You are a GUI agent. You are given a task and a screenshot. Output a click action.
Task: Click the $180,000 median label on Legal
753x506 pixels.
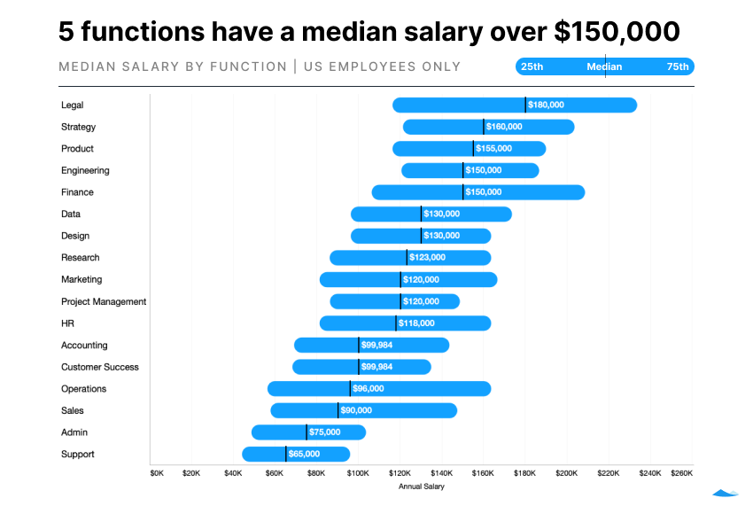click(546, 105)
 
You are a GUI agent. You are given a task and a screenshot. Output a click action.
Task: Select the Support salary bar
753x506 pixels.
click(296, 454)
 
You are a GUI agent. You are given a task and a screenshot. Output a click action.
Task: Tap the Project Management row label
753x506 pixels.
click(104, 301)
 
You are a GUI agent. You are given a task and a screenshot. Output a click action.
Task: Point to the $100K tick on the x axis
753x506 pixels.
click(358, 473)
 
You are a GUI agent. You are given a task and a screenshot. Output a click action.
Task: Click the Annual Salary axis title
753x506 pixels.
click(422, 487)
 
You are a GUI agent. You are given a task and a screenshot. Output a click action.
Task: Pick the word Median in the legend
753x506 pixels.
click(604, 66)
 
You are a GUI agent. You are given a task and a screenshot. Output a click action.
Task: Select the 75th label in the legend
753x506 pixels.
click(678, 66)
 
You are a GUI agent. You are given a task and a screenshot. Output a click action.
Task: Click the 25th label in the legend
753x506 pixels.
click(532, 66)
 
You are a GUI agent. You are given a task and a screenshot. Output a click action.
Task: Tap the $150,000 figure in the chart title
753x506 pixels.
click(617, 32)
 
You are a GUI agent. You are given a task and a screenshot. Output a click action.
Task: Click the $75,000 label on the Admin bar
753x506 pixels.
click(324, 432)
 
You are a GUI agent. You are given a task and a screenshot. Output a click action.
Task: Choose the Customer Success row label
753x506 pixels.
click(100, 367)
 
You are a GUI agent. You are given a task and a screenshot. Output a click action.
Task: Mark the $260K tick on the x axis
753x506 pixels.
click(681, 473)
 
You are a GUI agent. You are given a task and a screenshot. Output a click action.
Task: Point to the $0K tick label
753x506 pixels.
click(157, 473)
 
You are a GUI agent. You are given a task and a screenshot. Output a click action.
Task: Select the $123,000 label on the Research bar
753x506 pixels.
click(427, 258)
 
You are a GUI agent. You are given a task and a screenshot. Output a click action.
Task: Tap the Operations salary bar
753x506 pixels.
click(379, 389)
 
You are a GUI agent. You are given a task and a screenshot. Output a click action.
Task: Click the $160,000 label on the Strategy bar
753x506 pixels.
click(504, 127)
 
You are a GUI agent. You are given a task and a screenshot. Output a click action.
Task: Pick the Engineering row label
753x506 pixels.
click(85, 170)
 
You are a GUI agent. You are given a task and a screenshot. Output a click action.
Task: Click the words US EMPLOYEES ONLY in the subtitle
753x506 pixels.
click(382, 66)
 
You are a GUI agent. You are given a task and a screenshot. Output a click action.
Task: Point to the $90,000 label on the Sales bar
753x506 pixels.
click(356, 410)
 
